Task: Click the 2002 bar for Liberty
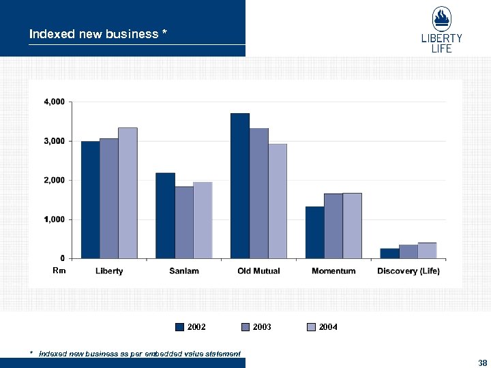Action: click(90, 200)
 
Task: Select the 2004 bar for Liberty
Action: click(128, 193)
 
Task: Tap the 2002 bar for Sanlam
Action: click(165, 215)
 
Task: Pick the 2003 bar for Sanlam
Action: click(183, 222)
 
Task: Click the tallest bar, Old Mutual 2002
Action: click(240, 185)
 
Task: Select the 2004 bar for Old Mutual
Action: click(277, 201)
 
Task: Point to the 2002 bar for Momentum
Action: click(314, 232)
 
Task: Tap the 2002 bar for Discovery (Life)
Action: click(389, 253)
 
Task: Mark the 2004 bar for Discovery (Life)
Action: click(427, 250)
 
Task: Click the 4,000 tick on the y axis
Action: click(55, 102)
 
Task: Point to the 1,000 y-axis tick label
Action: click(55, 219)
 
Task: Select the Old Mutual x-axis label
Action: click(258, 271)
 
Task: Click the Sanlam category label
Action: click(184, 271)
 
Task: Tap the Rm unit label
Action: click(58, 271)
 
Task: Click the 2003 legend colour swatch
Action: click(246, 327)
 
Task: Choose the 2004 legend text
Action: click(328, 327)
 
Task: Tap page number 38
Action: click(482, 362)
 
